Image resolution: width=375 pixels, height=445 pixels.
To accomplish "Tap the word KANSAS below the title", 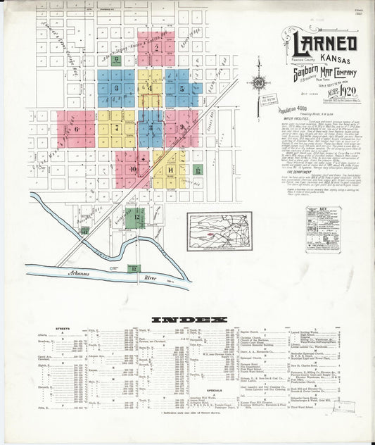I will [337, 58].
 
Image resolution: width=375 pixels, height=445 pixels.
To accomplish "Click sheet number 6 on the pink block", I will [75, 129].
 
